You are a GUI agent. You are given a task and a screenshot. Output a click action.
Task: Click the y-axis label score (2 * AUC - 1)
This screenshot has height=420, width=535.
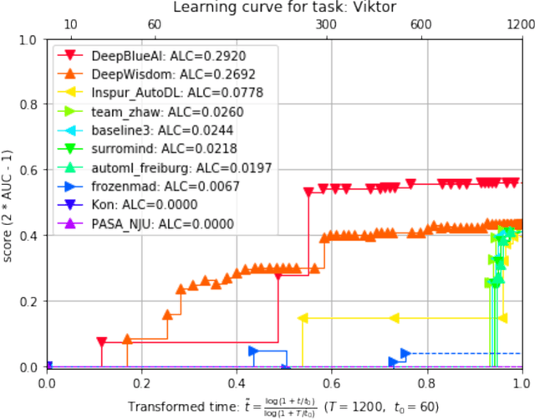(x=9, y=203)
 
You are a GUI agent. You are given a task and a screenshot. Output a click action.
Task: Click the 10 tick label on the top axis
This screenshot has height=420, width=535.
(x=71, y=26)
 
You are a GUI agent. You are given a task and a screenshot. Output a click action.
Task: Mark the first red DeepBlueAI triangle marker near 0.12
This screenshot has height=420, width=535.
(x=102, y=342)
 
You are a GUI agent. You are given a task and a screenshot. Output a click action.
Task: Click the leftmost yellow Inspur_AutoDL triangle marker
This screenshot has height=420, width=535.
(x=303, y=318)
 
